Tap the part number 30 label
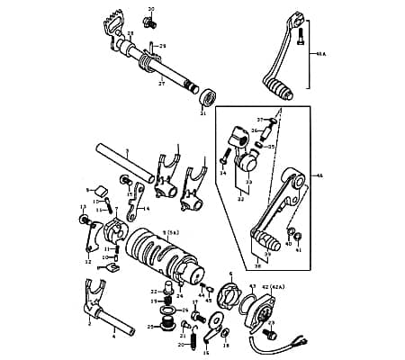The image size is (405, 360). (151, 9)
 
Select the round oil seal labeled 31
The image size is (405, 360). (207, 95)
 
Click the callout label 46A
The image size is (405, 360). (319, 55)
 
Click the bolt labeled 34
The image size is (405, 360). (222, 159)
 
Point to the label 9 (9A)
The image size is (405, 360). (172, 231)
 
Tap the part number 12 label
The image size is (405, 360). (88, 262)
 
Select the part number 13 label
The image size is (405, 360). (84, 207)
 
